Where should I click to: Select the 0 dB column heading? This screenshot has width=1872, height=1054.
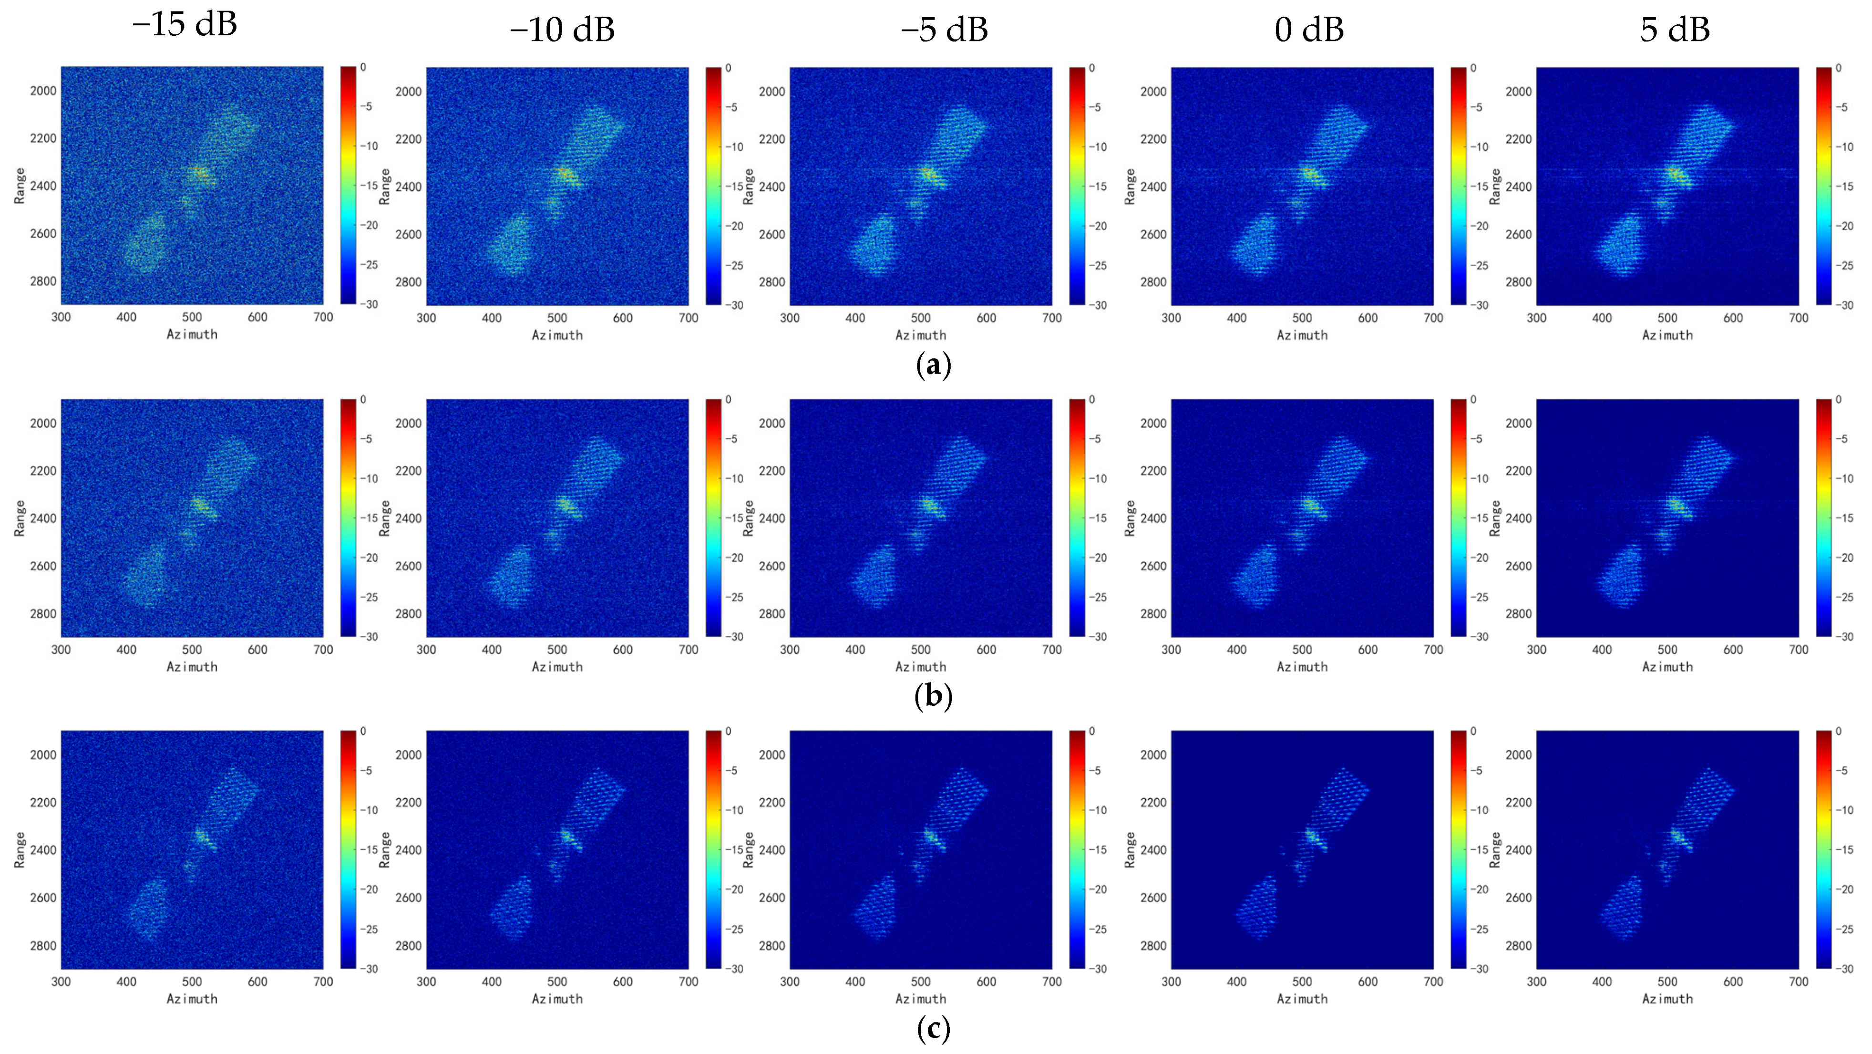coord(1309,30)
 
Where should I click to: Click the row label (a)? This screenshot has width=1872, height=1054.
coord(934,365)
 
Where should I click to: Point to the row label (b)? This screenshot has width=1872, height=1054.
coord(934,696)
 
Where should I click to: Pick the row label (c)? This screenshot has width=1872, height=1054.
coord(934,1029)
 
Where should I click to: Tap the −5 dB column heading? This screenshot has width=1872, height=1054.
coord(944,30)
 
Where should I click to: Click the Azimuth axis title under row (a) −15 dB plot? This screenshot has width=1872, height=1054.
coord(192,334)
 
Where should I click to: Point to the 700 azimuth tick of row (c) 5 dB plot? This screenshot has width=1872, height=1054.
coord(1798,982)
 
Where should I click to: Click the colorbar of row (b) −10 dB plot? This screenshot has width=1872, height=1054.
coord(714,517)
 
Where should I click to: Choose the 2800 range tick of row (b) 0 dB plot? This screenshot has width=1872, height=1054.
coord(1153,613)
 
